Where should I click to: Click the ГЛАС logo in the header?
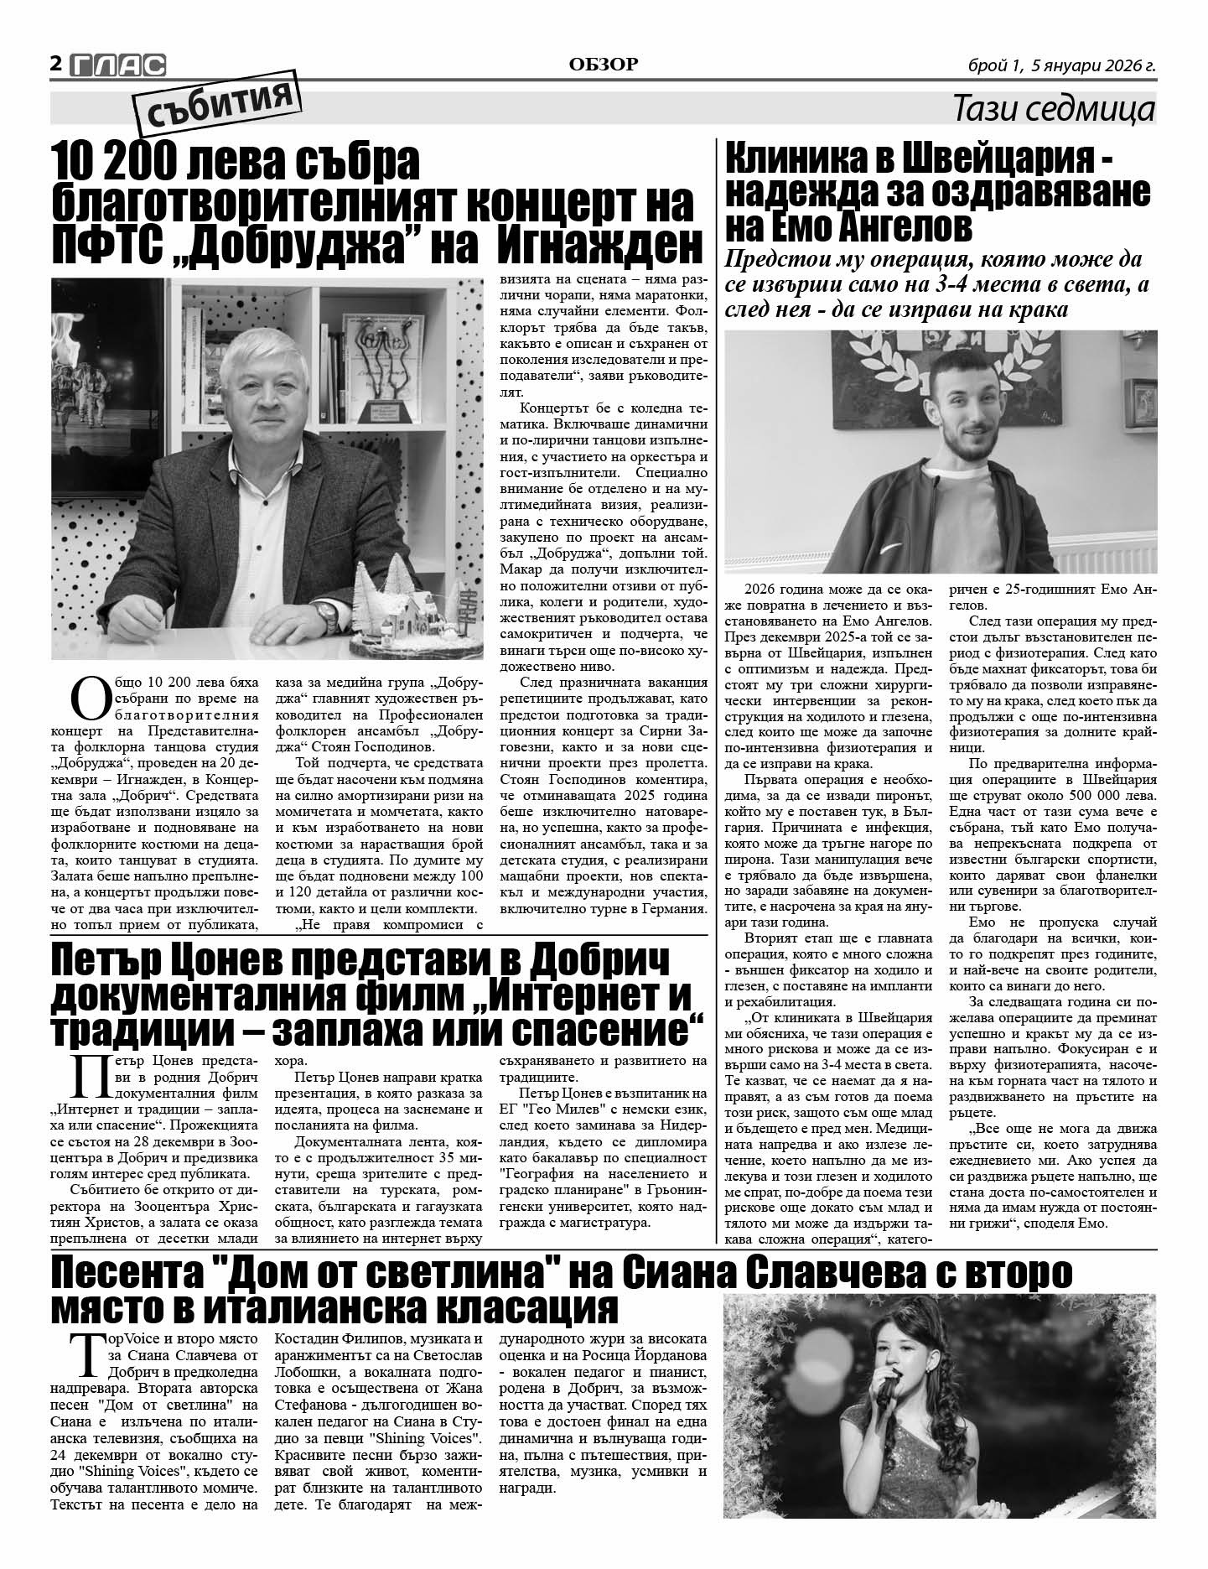point(118,65)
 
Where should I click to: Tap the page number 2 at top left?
point(56,65)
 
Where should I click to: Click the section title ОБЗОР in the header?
point(603,65)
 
